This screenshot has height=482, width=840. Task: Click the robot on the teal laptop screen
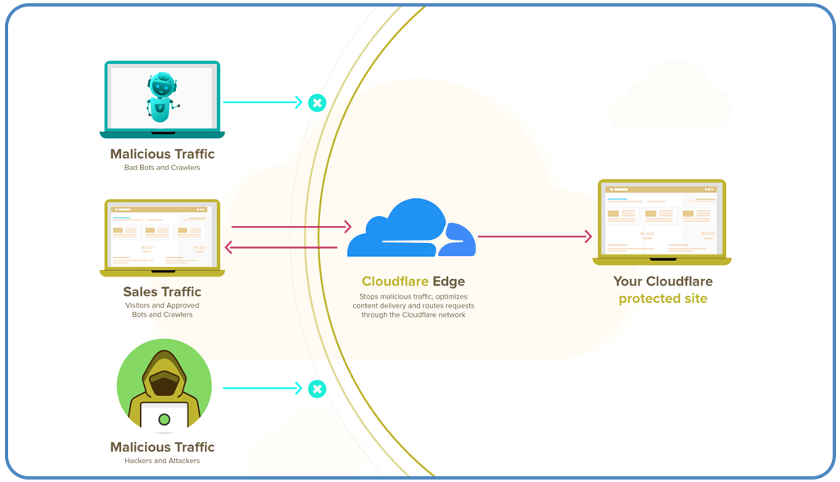coord(162,97)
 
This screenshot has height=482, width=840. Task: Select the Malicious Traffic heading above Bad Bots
coord(162,154)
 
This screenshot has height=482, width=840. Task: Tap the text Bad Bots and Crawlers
coord(162,168)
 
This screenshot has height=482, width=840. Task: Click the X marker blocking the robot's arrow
coord(317,103)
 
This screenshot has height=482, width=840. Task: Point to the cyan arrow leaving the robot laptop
coord(262,103)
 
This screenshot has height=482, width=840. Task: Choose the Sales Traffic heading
coord(162,291)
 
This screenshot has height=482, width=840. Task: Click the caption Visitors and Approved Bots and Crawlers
coord(162,310)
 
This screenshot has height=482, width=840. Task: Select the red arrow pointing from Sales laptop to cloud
coord(291,227)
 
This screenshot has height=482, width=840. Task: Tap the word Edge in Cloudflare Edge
coord(449,282)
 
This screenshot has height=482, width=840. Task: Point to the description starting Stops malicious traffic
coord(413,305)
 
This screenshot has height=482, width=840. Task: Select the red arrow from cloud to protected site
coord(534,236)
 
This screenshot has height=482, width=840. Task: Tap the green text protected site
coord(662,299)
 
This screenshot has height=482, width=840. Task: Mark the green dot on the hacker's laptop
coord(164,419)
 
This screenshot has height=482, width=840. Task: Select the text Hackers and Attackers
coord(162,461)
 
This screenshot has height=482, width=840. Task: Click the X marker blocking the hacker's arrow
coord(317,389)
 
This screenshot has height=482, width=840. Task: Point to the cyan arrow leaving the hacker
coord(262,389)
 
